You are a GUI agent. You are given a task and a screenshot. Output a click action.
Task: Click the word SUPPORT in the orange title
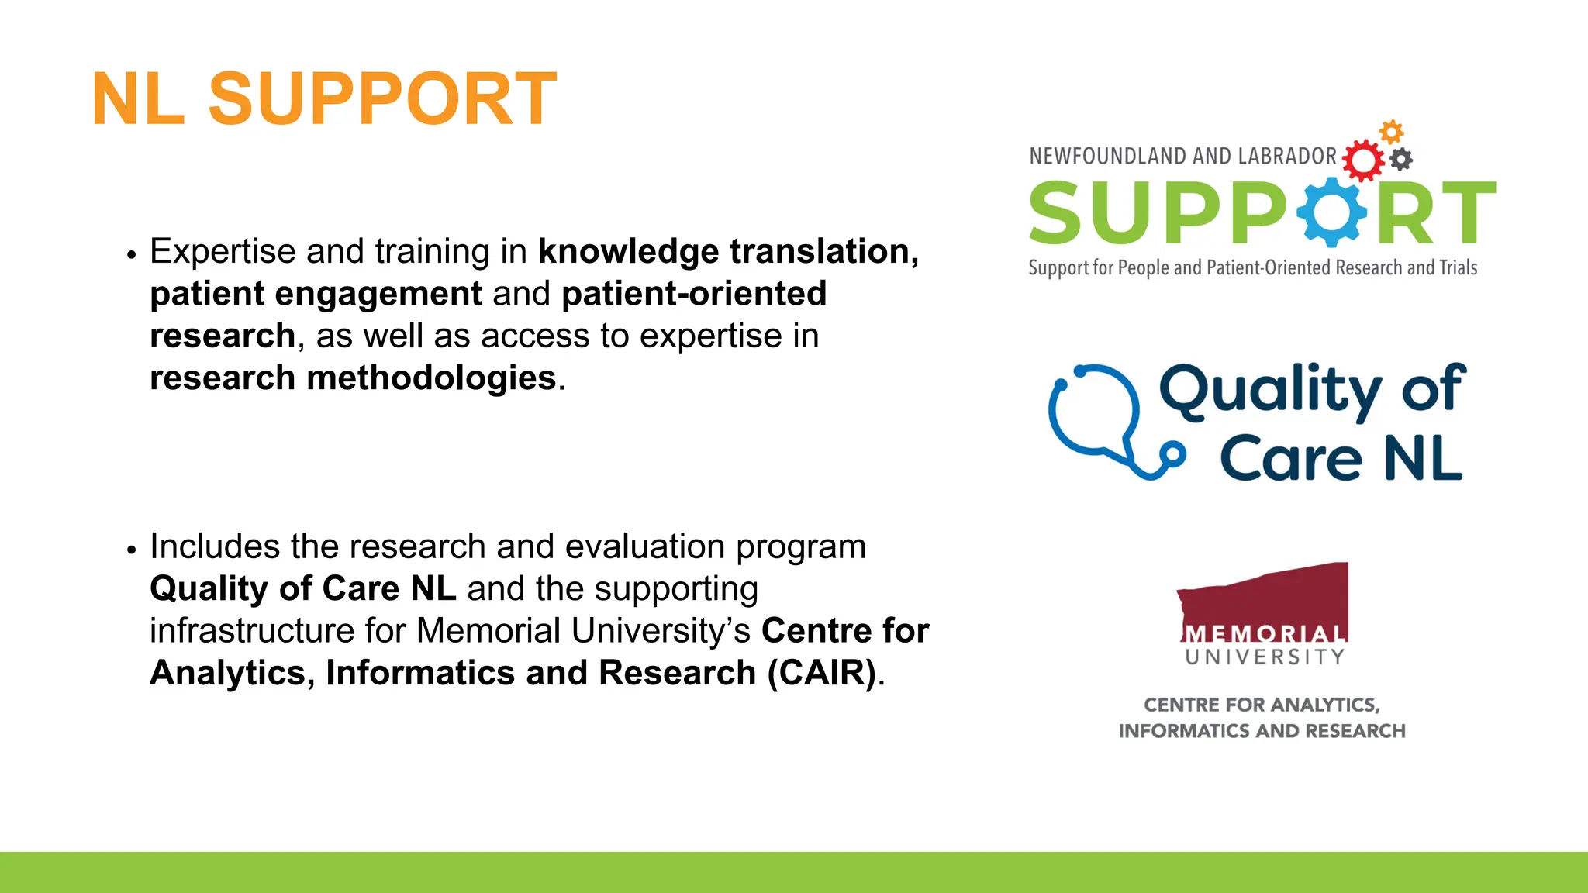pos(382,99)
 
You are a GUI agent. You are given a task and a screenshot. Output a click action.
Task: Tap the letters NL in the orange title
pos(138,99)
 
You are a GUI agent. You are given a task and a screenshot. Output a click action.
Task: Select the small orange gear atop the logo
pos(1392,132)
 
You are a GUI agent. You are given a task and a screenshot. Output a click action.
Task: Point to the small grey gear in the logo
pos(1401,160)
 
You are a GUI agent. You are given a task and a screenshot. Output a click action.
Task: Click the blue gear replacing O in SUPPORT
pos(1331,212)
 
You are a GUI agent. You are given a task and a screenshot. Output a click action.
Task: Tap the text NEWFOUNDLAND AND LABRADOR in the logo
pos(1182,157)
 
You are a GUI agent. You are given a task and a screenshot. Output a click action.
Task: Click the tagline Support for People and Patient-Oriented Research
pos(1252,268)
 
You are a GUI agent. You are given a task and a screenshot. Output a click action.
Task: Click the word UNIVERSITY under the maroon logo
pos(1265,657)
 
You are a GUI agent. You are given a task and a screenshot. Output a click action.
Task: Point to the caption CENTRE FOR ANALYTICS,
pos(1262,705)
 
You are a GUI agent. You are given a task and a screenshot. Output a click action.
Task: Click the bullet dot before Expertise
pos(131,255)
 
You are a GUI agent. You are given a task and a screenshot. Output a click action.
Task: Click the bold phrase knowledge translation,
pos(728,251)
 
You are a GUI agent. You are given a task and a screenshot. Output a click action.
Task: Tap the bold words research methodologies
pos(353,378)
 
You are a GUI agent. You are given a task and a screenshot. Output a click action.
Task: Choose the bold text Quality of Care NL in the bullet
pos(302,588)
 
